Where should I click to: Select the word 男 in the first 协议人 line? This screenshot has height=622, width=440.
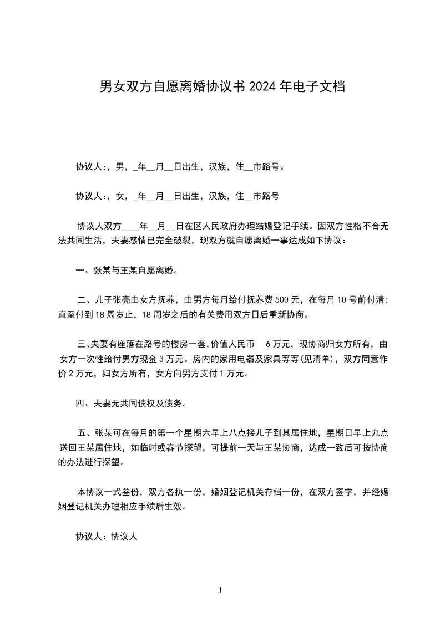tap(120, 166)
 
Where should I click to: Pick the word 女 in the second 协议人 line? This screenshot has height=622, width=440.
tap(120, 196)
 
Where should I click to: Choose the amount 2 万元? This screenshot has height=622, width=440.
tap(80, 374)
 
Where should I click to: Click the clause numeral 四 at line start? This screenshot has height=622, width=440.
tap(79, 404)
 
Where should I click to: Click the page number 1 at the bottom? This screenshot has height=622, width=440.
tap(220, 591)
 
